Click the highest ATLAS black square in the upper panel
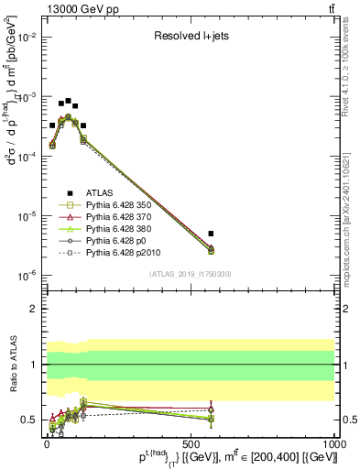pyautogui.click(x=69, y=101)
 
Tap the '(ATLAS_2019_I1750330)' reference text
pyautogui.click(x=191, y=274)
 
